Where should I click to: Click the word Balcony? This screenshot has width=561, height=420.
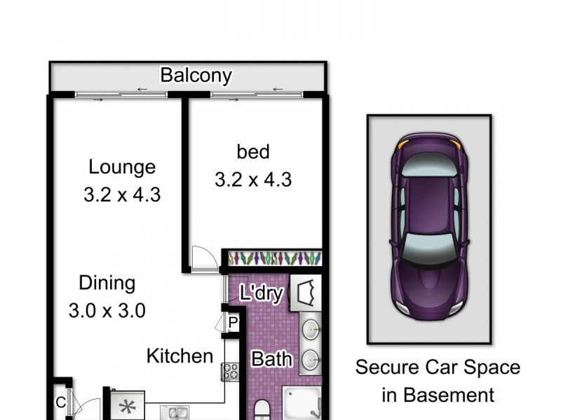(x=196, y=75)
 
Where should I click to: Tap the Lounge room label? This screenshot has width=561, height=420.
(x=122, y=167)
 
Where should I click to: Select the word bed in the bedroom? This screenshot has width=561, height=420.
(x=252, y=150)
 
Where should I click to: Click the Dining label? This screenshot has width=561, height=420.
(x=106, y=283)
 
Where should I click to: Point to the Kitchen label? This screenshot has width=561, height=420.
(x=180, y=356)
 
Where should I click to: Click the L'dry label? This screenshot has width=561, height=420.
(x=261, y=293)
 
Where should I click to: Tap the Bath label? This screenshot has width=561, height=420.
(x=272, y=360)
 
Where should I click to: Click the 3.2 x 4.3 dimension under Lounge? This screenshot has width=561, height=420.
(x=122, y=193)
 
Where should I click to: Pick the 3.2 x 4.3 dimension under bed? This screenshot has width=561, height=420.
(x=252, y=178)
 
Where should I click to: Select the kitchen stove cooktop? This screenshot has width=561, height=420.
(x=231, y=372)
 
